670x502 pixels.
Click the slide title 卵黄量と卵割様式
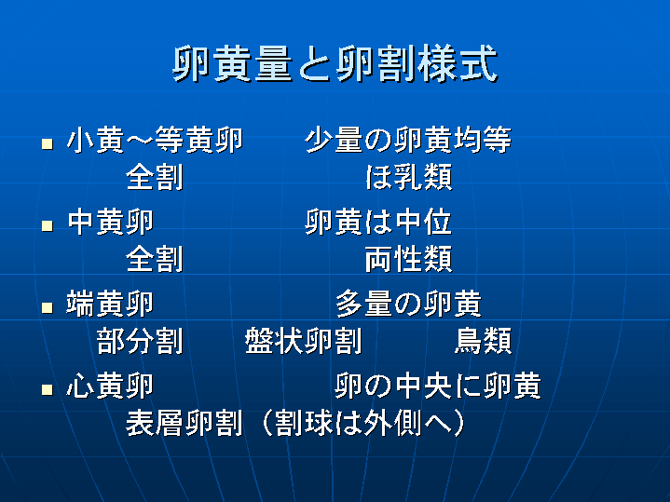[335, 63]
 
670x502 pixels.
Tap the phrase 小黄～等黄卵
[155, 140]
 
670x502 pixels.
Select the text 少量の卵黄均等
[408, 140]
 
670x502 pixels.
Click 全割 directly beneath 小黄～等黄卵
[155, 177]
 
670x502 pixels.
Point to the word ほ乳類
[409, 177]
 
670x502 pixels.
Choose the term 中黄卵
[110, 222]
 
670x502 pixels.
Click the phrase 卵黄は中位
[378, 222]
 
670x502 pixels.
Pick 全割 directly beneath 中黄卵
[155, 259]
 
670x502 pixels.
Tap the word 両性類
[409, 259]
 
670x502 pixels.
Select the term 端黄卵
[110, 304]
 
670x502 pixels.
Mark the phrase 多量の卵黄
[408, 304]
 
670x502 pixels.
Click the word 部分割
[140, 341]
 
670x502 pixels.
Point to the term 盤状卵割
[304, 341]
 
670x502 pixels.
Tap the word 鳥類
[484, 341]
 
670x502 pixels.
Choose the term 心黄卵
[110, 386]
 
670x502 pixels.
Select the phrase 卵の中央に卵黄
[438, 386]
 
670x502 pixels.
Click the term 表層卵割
[185, 423]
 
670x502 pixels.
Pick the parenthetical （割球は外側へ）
[363, 423]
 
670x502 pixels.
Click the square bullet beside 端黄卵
[48, 307]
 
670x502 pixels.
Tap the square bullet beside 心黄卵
[48, 389]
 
